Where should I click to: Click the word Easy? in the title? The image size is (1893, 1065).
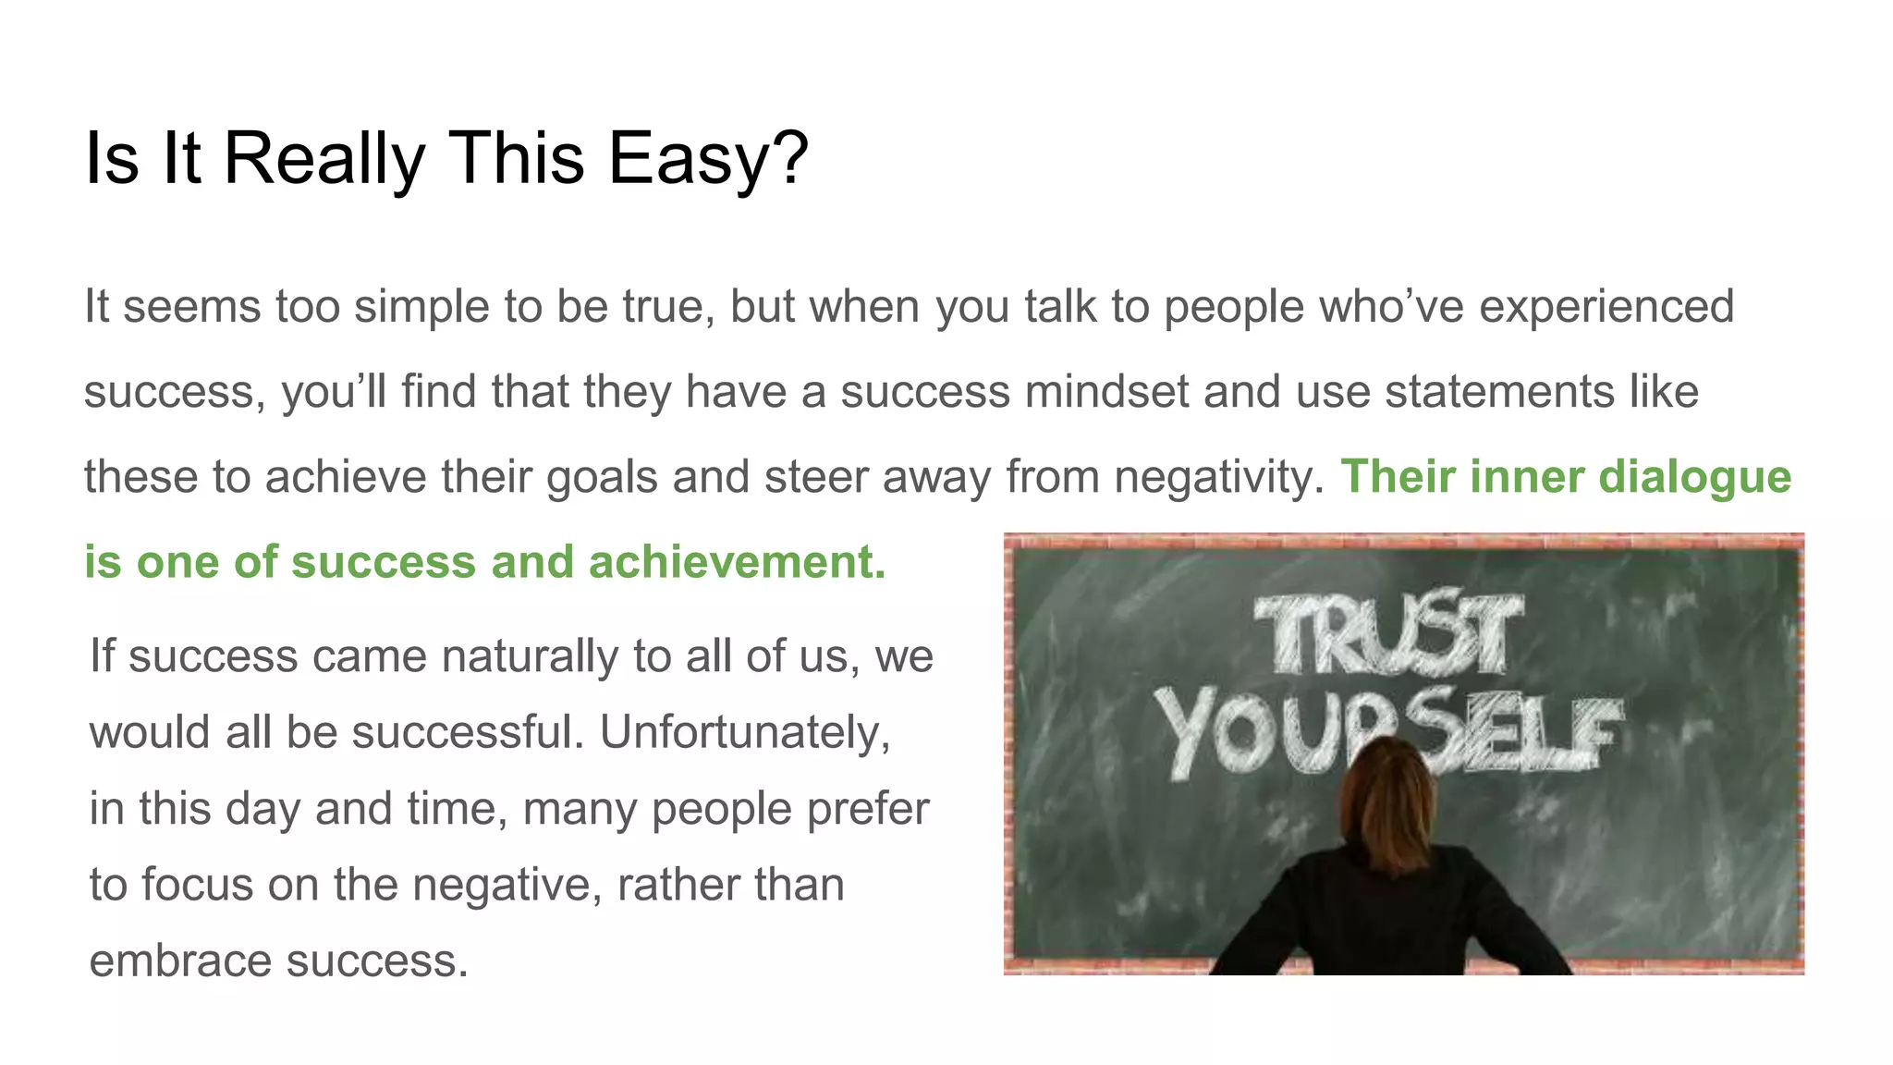tap(708, 159)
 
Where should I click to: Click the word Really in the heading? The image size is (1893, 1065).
tap(324, 159)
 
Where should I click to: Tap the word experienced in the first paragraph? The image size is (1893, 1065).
tap(1606, 307)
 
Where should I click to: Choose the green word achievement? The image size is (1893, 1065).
tap(737, 562)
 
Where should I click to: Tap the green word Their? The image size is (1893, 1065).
tap(1398, 477)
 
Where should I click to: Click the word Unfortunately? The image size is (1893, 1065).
tap(745, 732)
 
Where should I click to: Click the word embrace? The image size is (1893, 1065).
tap(181, 961)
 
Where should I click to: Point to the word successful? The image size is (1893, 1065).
tap(468, 732)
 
